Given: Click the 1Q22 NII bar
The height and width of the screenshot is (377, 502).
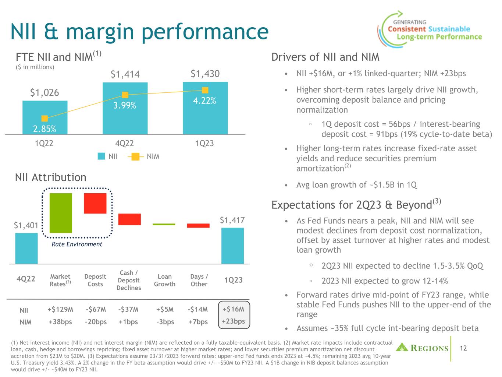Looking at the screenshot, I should pyautogui.click(x=45, y=117).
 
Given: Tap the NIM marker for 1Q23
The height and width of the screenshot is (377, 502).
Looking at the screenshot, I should pyautogui.click(x=205, y=90).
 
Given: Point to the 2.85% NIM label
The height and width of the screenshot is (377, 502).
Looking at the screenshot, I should pyautogui.click(x=44, y=129).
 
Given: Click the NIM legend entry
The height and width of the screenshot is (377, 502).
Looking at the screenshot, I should pyautogui.click(x=144, y=156).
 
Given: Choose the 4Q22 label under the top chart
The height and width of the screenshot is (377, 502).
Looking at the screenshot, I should pyautogui.click(x=125, y=144).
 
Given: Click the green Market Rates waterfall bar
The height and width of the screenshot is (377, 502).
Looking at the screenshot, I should pyautogui.click(x=61, y=213).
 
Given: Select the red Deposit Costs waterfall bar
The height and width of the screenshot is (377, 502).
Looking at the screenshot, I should pyautogui.click(x=95, y=203).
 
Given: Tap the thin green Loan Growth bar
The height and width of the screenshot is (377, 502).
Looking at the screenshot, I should pyautogui.click(x=164, y=224).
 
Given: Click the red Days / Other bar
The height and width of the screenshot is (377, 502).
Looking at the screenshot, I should pyautogui.click(x=198, y=226).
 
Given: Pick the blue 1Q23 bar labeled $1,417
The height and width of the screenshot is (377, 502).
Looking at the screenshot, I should pyautogui.click(x=232, y=246).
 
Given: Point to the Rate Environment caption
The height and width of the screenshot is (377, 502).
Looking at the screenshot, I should pyautogui.click(x=76, y=244).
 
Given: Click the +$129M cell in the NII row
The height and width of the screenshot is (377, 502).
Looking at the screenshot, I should pyautogui.click(x=60, y=309).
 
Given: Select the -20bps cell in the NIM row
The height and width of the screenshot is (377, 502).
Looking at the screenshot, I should pyautogui.click(x=95, y=322).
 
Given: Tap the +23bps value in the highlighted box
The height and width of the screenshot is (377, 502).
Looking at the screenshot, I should pyautogui.click(x=234, y=321).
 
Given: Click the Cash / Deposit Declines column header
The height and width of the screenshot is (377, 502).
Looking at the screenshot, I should pyautogui.click(x=129, y=280).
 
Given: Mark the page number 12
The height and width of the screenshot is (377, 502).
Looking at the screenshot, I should pyautogui.click(x=463, y=348).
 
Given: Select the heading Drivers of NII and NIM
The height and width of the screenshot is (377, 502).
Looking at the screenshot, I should pyautogui.click(x=325, y=57).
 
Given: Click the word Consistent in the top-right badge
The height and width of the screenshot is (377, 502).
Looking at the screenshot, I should pyautogui.click(x=407, y=29).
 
